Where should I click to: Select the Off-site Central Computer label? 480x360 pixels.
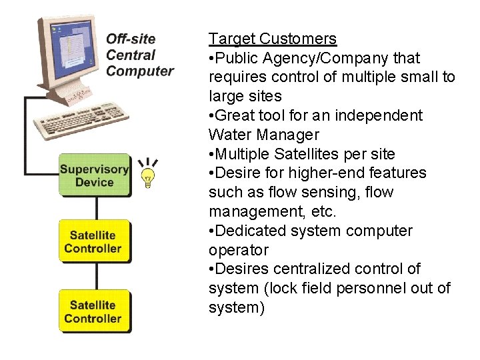coord(139,55)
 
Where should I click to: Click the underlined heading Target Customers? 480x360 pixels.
coord(272,39)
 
